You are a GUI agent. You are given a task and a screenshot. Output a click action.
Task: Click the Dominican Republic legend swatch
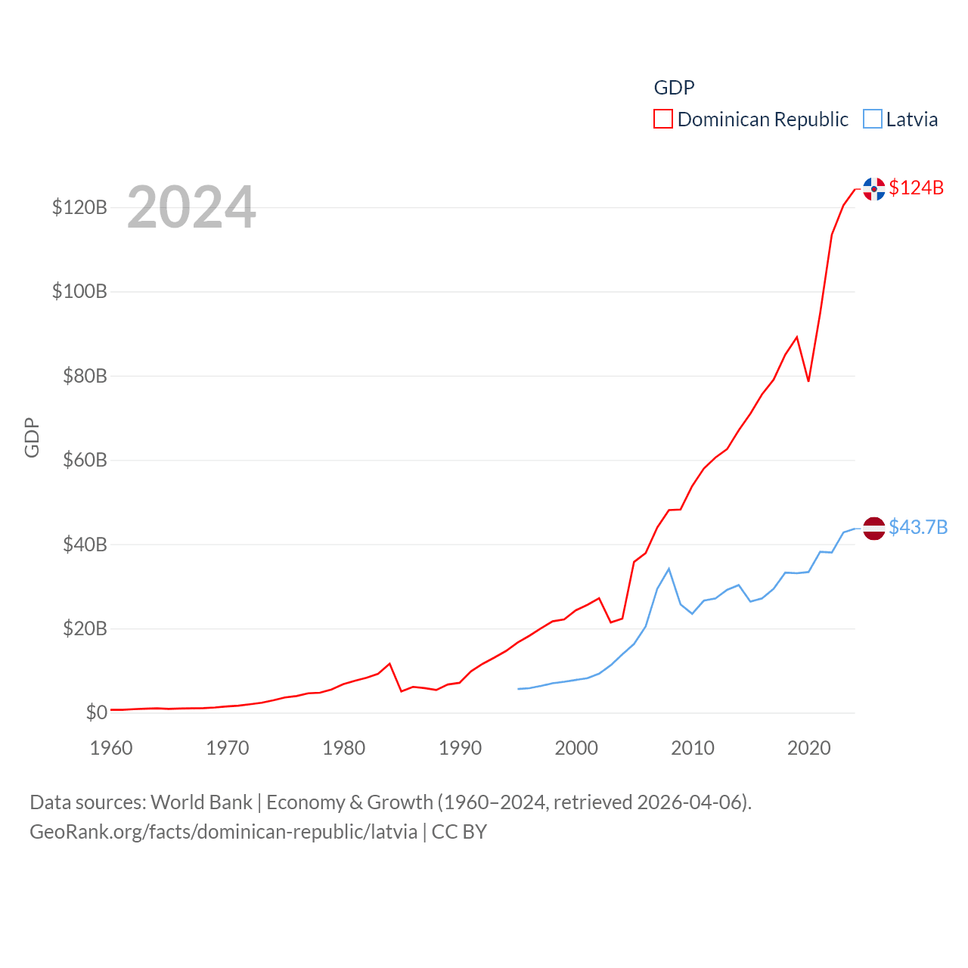coord(663,119)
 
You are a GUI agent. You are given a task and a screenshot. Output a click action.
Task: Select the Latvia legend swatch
coord(873,119)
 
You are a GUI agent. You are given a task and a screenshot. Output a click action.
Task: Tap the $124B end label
coord(916,188)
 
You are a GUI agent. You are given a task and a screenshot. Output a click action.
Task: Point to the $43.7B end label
coord(918,527)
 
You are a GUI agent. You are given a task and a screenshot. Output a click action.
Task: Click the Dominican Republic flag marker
coord(874,189)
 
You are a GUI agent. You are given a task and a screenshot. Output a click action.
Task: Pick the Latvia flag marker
coord(874,529)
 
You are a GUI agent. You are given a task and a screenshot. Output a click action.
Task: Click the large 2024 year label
coord(191,207)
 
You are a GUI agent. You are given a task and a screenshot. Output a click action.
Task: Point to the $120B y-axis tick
coord(79,207)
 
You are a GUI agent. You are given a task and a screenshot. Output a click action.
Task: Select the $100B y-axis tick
coord(79,291)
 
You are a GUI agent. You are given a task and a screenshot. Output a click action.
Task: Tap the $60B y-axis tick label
coord(85,460)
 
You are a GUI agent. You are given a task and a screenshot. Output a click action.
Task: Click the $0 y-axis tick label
coord(96,712)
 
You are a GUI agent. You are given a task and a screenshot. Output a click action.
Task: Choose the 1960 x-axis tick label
coord(111,748)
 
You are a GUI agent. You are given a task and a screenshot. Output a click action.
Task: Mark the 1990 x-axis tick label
coord(460,748)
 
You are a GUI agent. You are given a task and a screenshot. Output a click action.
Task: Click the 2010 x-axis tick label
coord(693,748)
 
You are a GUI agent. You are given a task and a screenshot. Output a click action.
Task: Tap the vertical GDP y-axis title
coord(32,437)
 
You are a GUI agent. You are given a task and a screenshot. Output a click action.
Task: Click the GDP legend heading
coord(674,88)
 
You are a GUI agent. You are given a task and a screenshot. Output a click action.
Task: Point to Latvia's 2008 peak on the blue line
coord(669,569)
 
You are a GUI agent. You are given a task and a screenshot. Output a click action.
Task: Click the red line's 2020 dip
coord(808,380)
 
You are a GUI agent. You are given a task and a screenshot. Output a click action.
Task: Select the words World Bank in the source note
coord(201,802)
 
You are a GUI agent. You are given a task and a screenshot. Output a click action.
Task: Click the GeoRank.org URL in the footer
coord(223,832)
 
